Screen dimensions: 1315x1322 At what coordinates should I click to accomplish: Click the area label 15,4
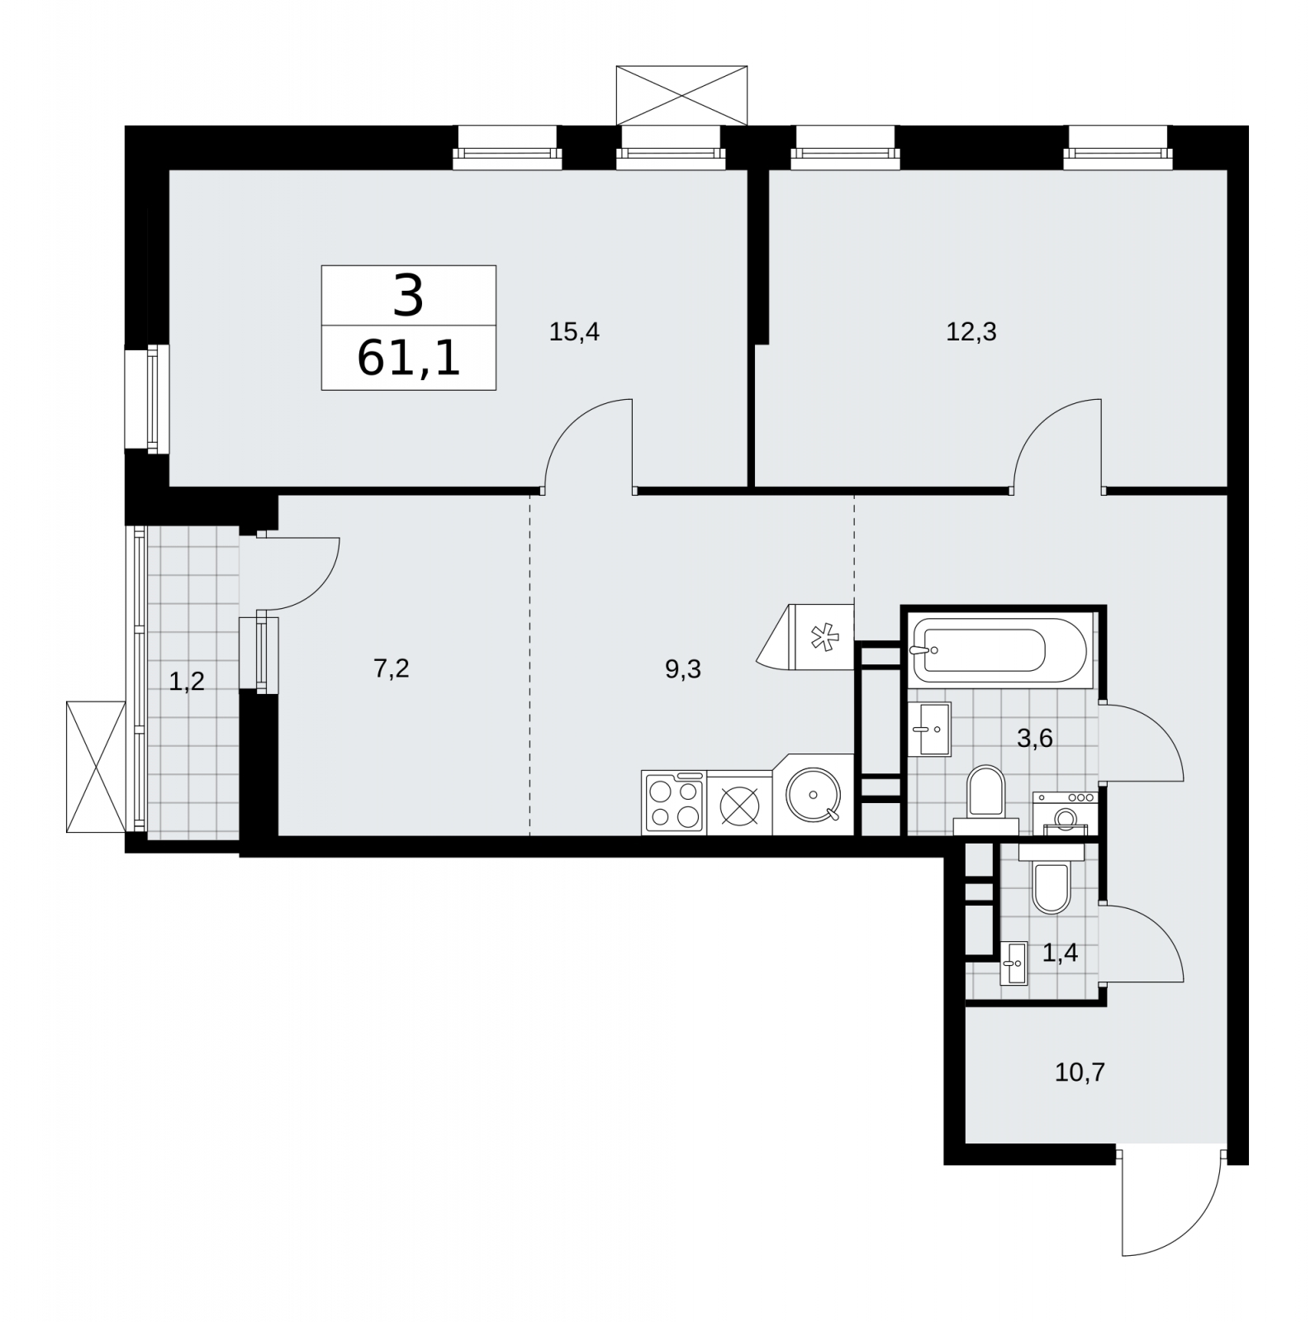(574, 333)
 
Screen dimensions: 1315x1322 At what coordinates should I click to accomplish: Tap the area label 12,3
(971, 333)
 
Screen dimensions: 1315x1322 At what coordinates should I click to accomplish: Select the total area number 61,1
(409, 359)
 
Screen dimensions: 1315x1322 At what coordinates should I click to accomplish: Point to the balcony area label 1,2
(187, 682)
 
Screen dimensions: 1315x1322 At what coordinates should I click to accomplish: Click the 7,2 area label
(392, 668)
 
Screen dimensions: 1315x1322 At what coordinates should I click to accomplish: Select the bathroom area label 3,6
(1035, 739)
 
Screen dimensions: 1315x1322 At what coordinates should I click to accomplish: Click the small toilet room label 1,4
(1060, 953)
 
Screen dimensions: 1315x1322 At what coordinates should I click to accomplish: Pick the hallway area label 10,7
(1080, 1073)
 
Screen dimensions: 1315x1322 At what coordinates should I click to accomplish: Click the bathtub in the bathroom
(1001, 650)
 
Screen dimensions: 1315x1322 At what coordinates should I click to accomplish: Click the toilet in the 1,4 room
(1051, 877)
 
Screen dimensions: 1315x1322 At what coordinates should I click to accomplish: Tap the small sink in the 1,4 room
(1014, 963)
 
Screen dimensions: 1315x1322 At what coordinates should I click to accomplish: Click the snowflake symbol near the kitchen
(822, 637)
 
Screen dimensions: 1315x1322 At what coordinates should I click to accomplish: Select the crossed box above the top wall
(681, 96)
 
